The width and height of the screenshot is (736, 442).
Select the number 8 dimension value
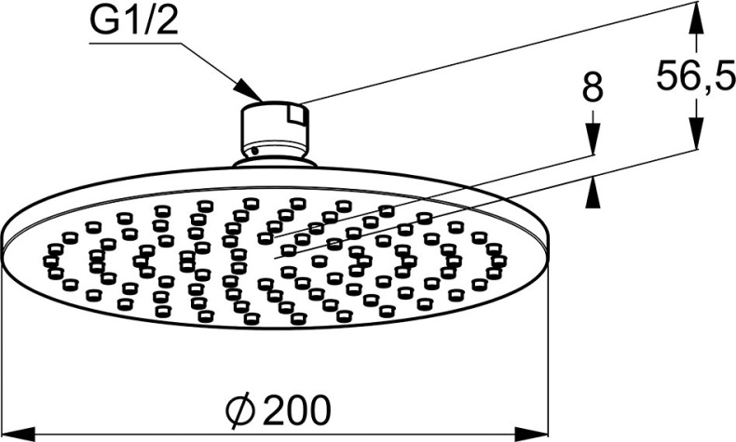coord(592,88)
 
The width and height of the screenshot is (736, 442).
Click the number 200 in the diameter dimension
coord(295,407)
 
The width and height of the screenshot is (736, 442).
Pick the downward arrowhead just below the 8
coord(592,140)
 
